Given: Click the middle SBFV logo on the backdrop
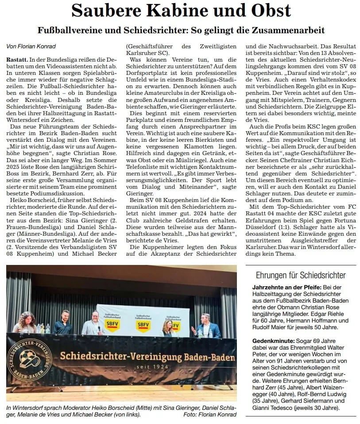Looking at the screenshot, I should point(143,324).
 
